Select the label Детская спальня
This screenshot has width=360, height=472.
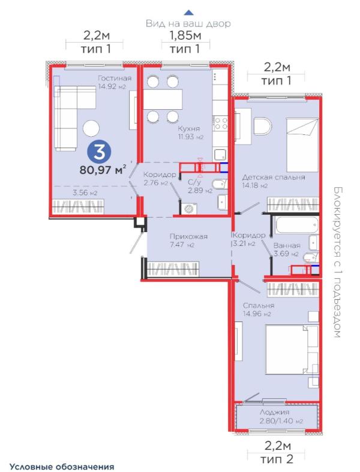click(274, 177)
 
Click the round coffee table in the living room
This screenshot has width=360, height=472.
click(92, 127)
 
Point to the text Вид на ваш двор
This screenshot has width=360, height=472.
click(188, 23)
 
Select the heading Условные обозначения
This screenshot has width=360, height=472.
click(61, 465)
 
